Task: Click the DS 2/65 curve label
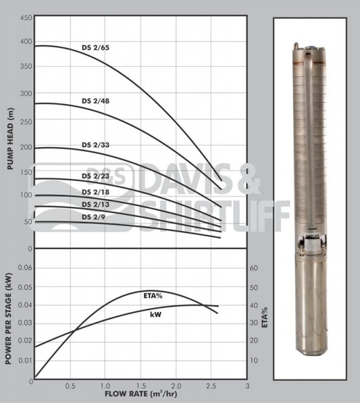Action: click(x=95, y=48)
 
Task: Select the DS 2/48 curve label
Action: click(x=95, y=101)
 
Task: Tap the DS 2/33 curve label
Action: click(x=95, y=145)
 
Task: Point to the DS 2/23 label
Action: click(x=95, y=176)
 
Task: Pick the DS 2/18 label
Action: click(x=95, y=192)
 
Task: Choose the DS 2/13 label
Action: click(x=95, y=205)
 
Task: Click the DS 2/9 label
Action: click(x=93, y=217)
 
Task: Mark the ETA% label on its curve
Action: click(x=153, y=296)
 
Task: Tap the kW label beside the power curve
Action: click(x=156, y=315)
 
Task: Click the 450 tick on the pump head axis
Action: click(x=26, y=18)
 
